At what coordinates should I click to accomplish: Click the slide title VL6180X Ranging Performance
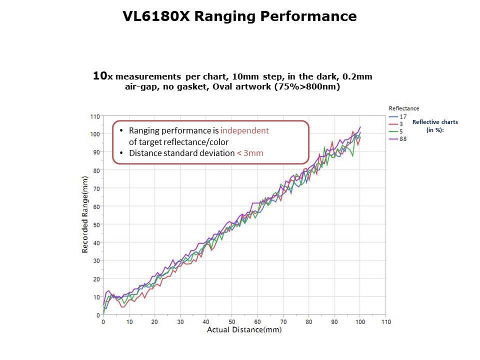click(x=239, y=16)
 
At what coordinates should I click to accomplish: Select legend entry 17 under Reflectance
click(x=403, y=117)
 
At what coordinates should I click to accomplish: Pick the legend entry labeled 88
click(x=403, y=138)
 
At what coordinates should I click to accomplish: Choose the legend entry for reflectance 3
click(x=401, y=124)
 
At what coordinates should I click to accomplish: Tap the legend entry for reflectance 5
click(x=401, y=131)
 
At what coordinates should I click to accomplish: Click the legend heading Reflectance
click(x=404, y=108)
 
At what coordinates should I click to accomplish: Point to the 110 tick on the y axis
click(x=94, y=116)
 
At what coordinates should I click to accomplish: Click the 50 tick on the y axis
click(x=96, y=224)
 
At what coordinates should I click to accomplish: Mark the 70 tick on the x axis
click(x=283, y=322)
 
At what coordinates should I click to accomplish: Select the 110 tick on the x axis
click(x=385, y=322)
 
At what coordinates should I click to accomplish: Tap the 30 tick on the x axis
click(x=180, y=322)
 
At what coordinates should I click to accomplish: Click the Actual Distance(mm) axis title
click(x=244, y=329)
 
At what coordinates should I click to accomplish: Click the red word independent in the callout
click(x=244, y=130)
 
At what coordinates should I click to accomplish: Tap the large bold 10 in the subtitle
click(x=100, y=76)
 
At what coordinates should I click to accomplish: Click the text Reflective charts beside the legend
click(x=435, y=122)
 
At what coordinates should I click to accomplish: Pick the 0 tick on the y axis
click(x=98, y=315)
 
